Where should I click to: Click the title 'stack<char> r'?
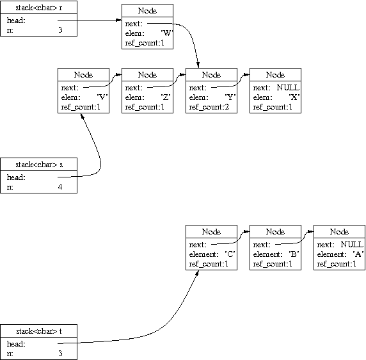[39, 8]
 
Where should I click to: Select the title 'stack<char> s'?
[39, 165]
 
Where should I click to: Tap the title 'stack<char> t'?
[39, 331]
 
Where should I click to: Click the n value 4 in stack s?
[60, 187]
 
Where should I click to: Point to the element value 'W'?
[166, 33]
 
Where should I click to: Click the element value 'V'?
[102, 97]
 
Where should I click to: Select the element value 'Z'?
[166, 97]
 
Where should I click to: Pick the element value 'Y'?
[230, 97]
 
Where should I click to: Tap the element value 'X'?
[294, 97]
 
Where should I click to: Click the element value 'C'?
[230, 254]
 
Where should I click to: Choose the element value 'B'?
[294, 254]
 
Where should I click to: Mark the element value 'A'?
[358, 254]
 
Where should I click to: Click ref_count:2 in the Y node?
[209, 107]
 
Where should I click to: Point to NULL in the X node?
[288, 88]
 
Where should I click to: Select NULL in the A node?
[352, 245]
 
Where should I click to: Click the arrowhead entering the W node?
[119, 20]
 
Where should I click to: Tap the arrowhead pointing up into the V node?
[82, 116]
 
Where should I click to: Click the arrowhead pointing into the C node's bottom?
[197, 273]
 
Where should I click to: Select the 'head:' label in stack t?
[16, 344]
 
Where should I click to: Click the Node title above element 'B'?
[275, 232]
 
